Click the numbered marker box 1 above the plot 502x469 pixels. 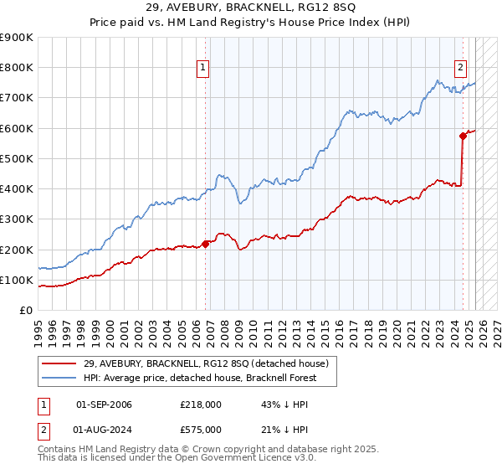tap(203, 70)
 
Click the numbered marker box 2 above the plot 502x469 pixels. tap(460, 70)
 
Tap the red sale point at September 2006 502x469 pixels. tap(206, 245)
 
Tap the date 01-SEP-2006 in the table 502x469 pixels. tap(104, 405)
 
